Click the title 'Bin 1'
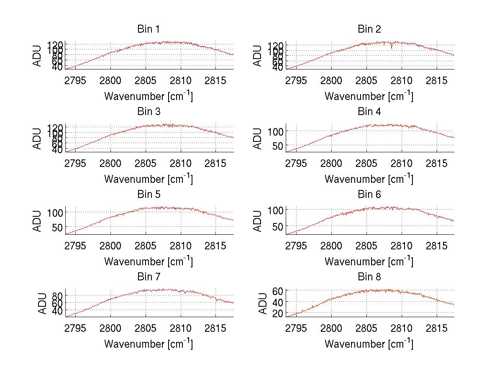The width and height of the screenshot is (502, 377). (x=148, y=29)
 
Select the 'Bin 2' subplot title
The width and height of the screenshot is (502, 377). (x=369, y=29)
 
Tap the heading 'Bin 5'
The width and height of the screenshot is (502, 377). (x=148, y=195)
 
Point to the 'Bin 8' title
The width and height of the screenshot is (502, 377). (x=369, y=277)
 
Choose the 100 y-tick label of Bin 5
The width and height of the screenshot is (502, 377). (x=54, y=213)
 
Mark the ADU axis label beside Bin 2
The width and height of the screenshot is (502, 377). (x=258, y=56)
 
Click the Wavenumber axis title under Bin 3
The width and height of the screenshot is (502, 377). (x=148, y=179)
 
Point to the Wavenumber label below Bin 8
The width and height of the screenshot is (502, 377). (x=369, y=344)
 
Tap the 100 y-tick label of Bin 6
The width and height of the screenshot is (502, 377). (x=275, y=210)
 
